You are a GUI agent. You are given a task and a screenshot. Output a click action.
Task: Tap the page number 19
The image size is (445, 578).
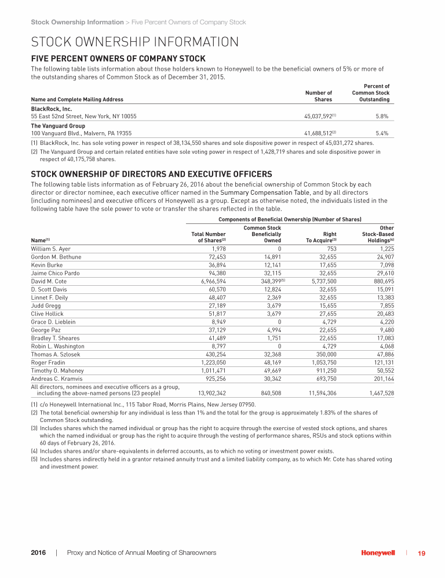tap(421, 553)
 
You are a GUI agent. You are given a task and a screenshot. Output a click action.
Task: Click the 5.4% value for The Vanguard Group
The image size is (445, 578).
tap(382, 133)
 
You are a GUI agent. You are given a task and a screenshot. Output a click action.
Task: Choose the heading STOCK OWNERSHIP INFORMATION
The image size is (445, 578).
tap(134, 42)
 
